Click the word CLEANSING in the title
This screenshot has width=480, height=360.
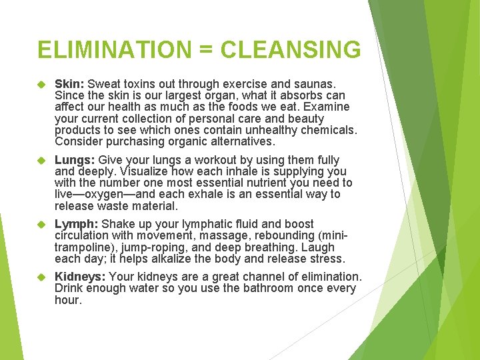pos(291,50)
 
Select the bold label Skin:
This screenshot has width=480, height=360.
pos(69,85)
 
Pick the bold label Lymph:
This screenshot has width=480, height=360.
pos(77,224)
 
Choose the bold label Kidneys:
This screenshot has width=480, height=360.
pos(80,277)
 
